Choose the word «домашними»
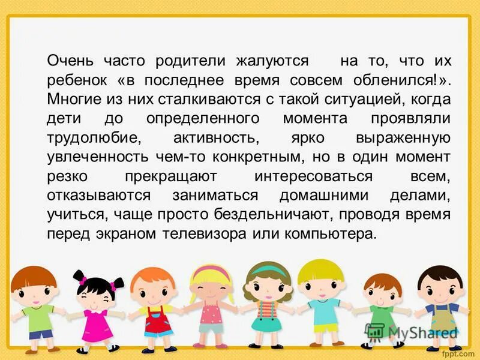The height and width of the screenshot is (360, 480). tap(320, 196)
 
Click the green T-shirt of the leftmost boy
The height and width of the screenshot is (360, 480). tap(38, 317)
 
